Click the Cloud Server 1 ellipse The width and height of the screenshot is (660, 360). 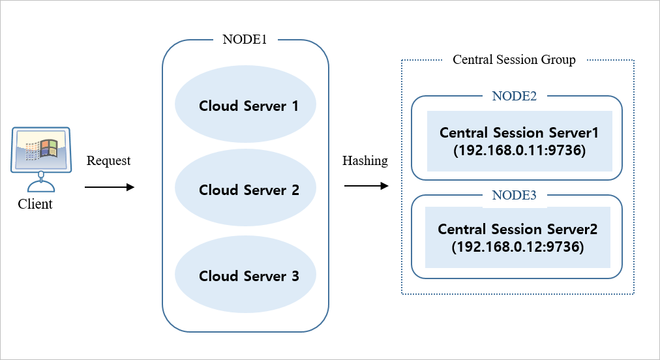coord(245,106)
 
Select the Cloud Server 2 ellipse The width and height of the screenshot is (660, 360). coord(245,190)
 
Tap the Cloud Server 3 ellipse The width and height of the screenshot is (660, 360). coord(245,275)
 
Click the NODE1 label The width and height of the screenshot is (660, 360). coord(245,39)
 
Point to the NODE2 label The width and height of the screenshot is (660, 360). coord(514,96)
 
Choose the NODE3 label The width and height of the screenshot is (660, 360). coord(514,195)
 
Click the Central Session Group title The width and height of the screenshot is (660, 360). coord(514,60)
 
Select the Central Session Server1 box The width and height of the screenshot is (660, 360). coord(519,141)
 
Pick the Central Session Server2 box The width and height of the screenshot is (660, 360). coord(517,237)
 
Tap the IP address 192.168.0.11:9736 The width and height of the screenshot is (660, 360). coord(519,149)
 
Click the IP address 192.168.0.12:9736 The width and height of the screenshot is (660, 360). coord(517,247)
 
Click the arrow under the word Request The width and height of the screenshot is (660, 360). coord(109,187)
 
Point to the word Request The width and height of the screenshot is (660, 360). coord(108,161)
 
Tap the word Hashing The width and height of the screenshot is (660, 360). coord(365,160)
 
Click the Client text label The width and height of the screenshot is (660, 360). coord(35,204)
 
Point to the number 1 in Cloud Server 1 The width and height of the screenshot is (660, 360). coord(295,106)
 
